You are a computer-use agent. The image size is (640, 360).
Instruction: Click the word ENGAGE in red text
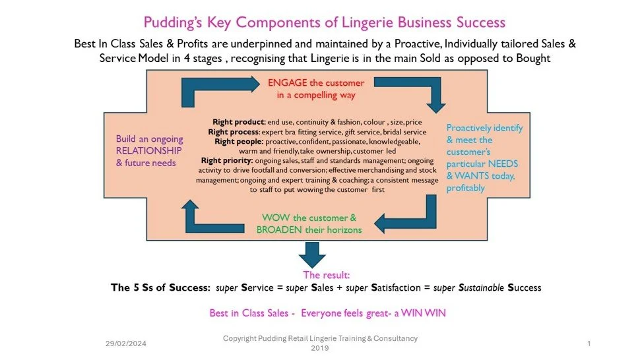(x=286, y=82)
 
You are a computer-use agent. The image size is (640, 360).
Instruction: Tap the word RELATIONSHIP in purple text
(x=146, y=151)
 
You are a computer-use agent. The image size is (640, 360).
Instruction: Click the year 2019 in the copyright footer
(x=320, y=347)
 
